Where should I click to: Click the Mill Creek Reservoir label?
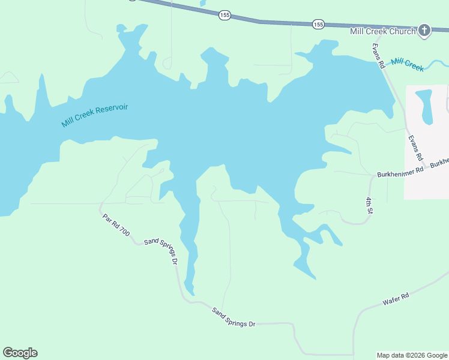click(x=95, y=115)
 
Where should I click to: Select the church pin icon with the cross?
click(x=424, y=31)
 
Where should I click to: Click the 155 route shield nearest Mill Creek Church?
click(x=318, y=24)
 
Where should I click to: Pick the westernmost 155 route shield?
click(x=224, y=15)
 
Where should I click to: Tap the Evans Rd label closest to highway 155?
click(x=378, y=56)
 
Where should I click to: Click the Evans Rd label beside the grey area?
click(x=415, y=148)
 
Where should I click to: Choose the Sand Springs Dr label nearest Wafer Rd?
click(x=234, y=317)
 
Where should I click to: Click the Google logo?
click(x=20, y=353)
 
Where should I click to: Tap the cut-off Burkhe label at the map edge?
click(x=439, y=163)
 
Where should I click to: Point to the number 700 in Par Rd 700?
click(x=124, y=231)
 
